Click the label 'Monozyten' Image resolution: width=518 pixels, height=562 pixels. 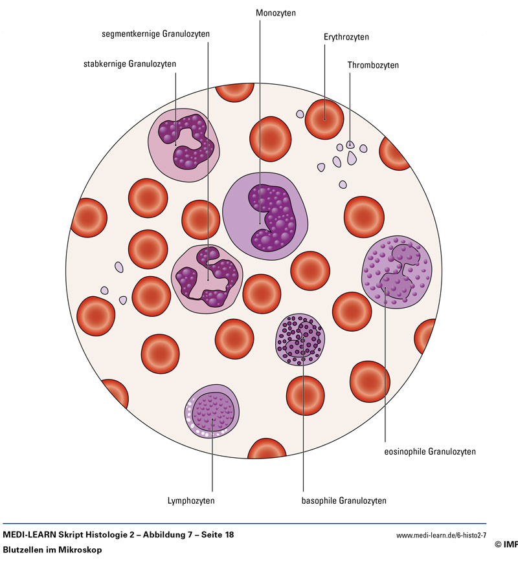pos(276,13)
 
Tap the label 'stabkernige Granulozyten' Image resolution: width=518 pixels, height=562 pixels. pos(129,64)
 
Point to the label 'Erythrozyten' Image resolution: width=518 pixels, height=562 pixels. pos(346,37)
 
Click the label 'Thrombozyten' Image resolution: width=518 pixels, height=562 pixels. pos(373,65)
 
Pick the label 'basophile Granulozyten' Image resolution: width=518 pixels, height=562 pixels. pos(344,501)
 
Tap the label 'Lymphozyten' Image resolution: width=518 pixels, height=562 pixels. pos(191,501)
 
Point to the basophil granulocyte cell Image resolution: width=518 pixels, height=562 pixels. pos(300,339)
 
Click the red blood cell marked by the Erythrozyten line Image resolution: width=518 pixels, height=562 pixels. pos(324,119)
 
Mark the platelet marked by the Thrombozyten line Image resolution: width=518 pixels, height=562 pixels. pos(350,145)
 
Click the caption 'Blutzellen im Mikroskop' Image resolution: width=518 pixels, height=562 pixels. pos(52,550)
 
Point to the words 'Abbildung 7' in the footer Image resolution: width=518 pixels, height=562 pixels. pos(162,535)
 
